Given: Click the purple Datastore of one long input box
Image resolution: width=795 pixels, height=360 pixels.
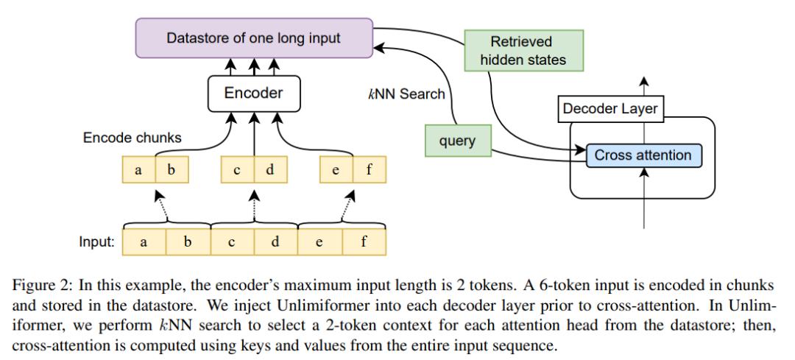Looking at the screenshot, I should pyautogui.click(x=253, y=38).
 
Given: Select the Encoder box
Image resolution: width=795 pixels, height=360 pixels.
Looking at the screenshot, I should pyautogui.click(x=253, y=93).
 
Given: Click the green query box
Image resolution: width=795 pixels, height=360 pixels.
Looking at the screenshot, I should pyautogui.click(x=457, y=141).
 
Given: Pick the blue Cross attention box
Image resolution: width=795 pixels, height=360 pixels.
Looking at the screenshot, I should pyautogui.click(x=643, y=155).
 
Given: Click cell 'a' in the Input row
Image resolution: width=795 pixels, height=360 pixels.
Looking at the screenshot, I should pyautogui.click(x=144, y=241).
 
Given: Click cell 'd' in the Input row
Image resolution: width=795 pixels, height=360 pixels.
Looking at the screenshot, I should pyautogui.click(x=275, y=241).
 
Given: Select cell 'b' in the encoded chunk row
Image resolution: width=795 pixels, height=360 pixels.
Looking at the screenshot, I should pyautogui.click(x=172, y=171).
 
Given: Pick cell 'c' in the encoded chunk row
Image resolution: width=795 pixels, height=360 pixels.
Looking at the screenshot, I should pyautogui.click(x=237, y=171).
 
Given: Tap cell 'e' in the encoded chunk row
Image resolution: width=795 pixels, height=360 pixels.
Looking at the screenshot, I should pyautogui.click(x=336, y=171).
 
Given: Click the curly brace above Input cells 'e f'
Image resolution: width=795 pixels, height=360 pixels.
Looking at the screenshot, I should pyautogui.click(x=342, y=223).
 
